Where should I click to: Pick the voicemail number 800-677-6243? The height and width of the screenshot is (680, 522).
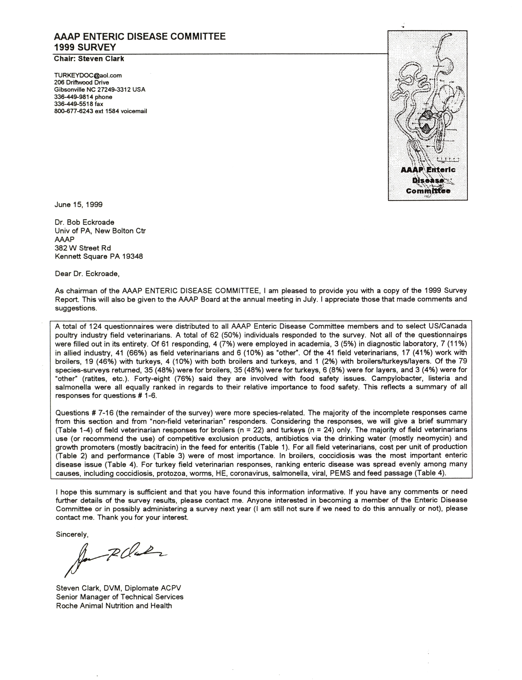coord(74,111)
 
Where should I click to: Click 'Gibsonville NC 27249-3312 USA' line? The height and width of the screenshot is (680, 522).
coord(99,90)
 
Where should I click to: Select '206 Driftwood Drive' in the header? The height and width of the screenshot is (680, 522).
coord(81,82)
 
